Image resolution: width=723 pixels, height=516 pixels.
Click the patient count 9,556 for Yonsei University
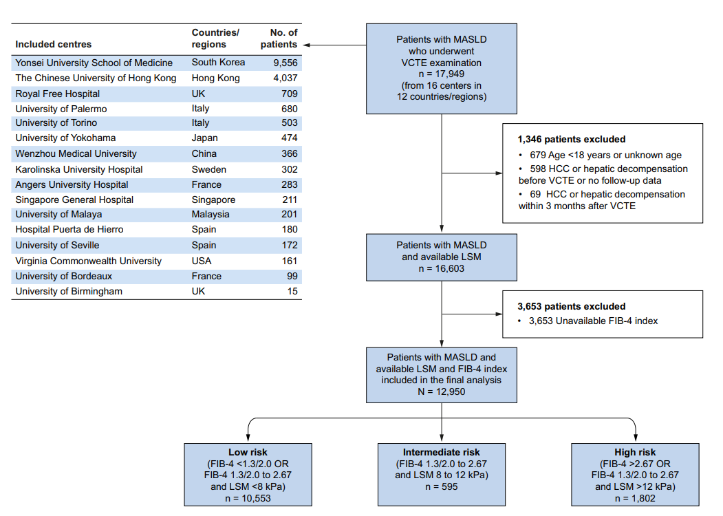tap(285, 63)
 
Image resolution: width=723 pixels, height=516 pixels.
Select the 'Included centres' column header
tap(54, 44)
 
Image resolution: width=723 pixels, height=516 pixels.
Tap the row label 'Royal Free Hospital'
tap(58, 94)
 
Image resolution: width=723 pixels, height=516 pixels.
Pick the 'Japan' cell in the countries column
tap(205, 138)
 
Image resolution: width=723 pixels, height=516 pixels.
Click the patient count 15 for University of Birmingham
tap(292, 292)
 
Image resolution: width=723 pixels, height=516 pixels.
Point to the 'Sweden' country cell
tap(209, 169)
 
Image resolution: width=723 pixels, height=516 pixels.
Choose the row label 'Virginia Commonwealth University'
tap(89, 261)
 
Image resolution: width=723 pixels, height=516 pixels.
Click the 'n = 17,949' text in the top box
tap(441, 74)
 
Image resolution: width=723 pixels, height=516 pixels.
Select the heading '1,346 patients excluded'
tap(571, 139)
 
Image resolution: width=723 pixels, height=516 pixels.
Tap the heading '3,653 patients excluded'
tap(571, 307)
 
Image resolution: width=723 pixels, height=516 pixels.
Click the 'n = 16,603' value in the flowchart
tap(441, 268)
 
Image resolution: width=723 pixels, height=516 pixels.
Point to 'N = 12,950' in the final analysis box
tap(441, 391)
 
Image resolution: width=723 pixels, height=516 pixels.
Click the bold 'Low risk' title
tap(248, 453)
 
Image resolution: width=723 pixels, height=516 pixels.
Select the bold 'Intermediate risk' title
tap(441, 453)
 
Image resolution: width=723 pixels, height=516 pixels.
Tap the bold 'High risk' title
tap(635, 453)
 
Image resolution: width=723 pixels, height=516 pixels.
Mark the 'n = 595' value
tap(441, 486)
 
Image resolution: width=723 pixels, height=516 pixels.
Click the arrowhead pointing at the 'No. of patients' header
tap(306, 45)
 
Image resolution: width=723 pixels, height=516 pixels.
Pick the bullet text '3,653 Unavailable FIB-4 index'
tap(594, 321)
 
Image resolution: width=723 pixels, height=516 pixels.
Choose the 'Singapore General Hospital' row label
tap(74, 200)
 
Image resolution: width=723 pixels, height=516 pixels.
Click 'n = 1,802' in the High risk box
tap(635, 499)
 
